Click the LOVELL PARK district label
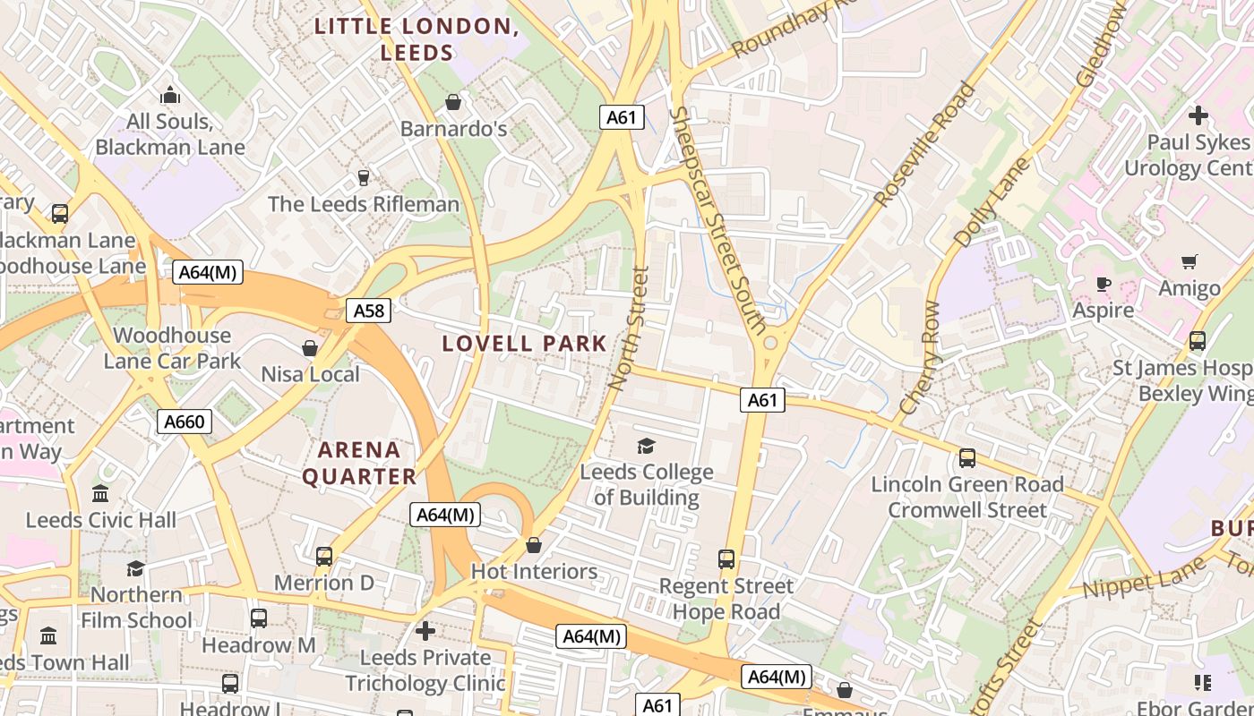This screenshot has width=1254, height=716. click(x=525, y=344)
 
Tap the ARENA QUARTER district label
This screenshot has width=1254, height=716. click(x=359, y=463)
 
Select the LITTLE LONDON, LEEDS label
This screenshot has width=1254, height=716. click(x=417, y=39)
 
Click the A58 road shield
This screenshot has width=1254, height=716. click(x=369, y=311)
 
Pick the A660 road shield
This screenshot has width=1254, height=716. click(x=185, y=422)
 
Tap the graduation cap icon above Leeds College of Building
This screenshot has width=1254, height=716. click(x=646, y=446)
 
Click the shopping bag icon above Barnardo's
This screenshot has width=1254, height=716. click(x=453, y=102)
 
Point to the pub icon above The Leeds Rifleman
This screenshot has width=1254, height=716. click(x=364, y=178)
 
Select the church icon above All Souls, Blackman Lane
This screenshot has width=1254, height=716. click(x=170, y=95)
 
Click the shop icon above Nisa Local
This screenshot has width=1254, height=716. click(x=310, y=348)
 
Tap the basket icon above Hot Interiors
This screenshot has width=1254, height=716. click(x=534, y=545)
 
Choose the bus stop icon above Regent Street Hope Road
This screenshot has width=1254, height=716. click(x=726, y=559)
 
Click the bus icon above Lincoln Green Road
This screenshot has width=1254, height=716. click(x=967, y=458)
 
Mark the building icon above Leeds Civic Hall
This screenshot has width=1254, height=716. click(x=100, y=494)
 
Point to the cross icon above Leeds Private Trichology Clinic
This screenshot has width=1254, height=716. click(x=425, y=631)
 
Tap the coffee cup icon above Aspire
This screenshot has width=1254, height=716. click(x=1104, y=285)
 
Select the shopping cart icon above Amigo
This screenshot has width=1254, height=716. click(x=1190, y=262)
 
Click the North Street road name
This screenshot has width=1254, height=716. click(x=628, y=328)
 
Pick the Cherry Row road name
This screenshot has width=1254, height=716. click(x=920, y=358)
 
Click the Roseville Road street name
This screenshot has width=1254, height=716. click(x=925, y=145)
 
